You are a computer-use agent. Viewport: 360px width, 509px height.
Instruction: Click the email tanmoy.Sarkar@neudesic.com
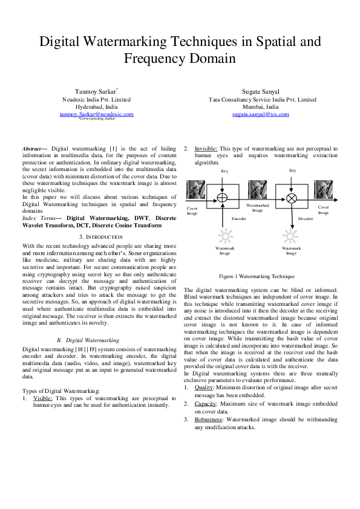tap(96, 114)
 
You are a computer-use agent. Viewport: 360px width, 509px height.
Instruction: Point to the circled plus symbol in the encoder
tap(222, 197)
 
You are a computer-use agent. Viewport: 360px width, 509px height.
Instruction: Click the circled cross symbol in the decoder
tap(291, 198)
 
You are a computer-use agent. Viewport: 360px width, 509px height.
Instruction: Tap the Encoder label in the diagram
tap(239, 218)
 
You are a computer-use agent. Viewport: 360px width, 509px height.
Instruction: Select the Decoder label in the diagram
tap(306, 218)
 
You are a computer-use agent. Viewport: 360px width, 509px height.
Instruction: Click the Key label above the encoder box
tap(224, 171)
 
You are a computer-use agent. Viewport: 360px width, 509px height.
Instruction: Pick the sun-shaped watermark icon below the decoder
tap(291, 235)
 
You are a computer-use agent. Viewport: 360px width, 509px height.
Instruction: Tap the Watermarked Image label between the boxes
tap(257, 208)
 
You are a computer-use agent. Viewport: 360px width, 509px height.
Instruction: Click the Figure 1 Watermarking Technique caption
tap(257, 276)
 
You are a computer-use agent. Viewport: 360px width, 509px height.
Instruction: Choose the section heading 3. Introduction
tap(99, 236)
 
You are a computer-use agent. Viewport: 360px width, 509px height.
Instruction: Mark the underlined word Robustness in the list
tap(208, 419)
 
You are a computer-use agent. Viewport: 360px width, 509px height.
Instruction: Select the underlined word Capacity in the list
tap(205, 403)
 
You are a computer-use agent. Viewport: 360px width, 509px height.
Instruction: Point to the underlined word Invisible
tap(206, 148)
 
